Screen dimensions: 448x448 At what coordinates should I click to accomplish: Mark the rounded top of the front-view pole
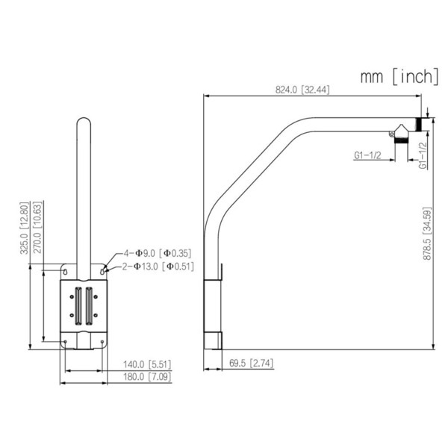(84, 121)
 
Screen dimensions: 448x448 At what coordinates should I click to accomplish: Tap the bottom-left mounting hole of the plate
(66, 343)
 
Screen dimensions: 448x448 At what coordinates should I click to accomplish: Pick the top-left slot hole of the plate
(66, 270)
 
